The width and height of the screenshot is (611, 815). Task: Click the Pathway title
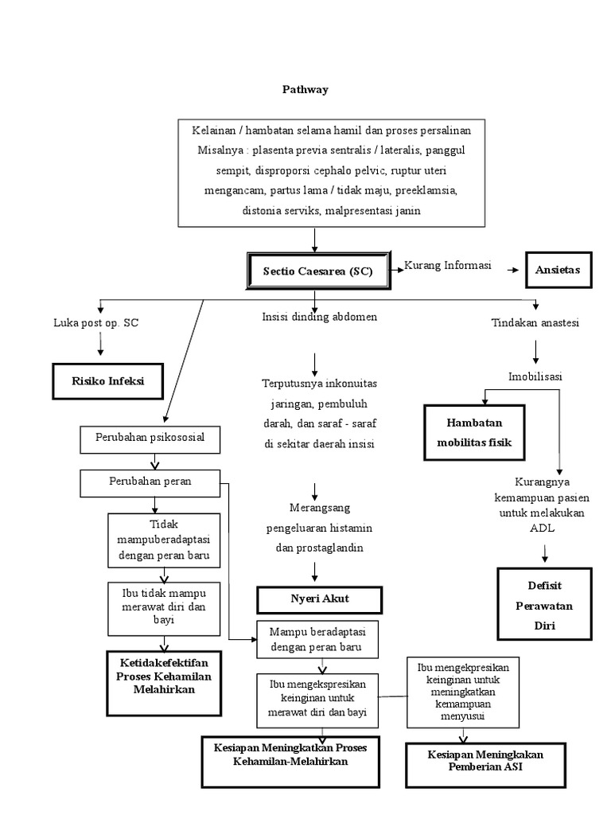point(305,90)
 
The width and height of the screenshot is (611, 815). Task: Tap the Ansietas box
point(557,270)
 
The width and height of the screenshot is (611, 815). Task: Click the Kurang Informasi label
point(448,265)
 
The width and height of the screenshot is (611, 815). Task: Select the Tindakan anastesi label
point(535,322)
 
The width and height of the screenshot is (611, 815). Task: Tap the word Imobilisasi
point(535,376)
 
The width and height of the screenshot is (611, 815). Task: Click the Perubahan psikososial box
point(150,438)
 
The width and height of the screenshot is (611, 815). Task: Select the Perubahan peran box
point(150,482)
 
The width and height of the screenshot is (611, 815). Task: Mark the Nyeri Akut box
point(308,598)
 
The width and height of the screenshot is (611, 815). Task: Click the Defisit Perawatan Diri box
point(544,605)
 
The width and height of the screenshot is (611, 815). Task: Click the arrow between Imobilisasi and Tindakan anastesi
point(535,350)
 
